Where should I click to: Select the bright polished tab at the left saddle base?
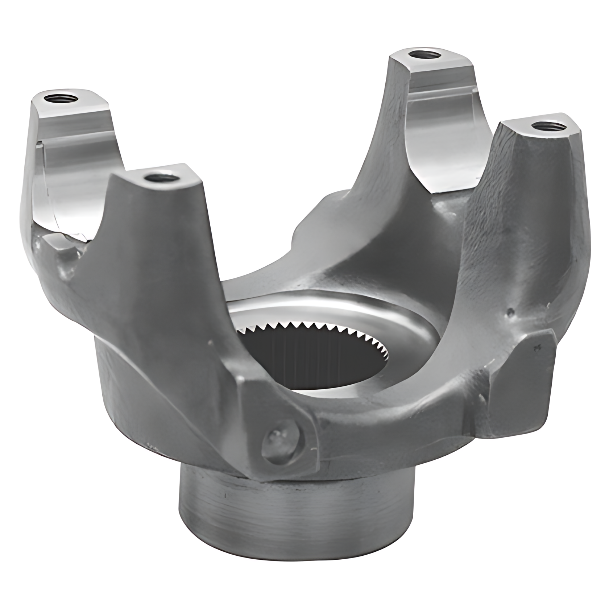tap(69, 239)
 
